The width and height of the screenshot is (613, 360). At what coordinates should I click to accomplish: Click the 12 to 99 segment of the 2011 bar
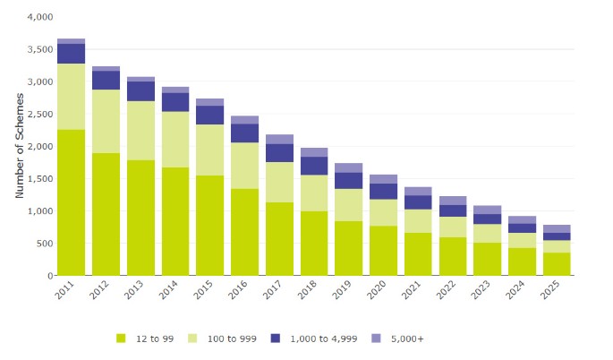[71, 202]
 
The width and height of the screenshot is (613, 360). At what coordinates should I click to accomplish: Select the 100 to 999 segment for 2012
[106, 121]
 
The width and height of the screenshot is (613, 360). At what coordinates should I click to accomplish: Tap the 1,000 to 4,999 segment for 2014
[175, 102]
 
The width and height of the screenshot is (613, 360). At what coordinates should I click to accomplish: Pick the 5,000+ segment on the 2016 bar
[244, 120]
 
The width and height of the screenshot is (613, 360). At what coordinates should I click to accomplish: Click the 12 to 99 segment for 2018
[314, 243]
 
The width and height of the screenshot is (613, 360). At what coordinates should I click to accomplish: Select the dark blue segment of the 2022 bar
[453, 210]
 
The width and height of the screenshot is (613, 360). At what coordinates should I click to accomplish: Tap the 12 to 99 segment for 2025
[557, 263]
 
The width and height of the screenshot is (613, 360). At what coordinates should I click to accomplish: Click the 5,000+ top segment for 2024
[522, 219]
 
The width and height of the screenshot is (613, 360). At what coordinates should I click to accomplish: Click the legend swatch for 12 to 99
[122, 339]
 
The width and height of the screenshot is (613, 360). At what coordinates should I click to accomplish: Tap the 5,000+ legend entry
[407, 339]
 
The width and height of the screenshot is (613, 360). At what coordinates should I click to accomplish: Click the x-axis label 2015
[209, 292]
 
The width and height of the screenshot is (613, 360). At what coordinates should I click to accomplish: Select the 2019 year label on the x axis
[347, 292]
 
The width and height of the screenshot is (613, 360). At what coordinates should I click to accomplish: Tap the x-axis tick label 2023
[486, 292]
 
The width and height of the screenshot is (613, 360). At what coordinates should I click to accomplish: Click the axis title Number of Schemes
[20, 146]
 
